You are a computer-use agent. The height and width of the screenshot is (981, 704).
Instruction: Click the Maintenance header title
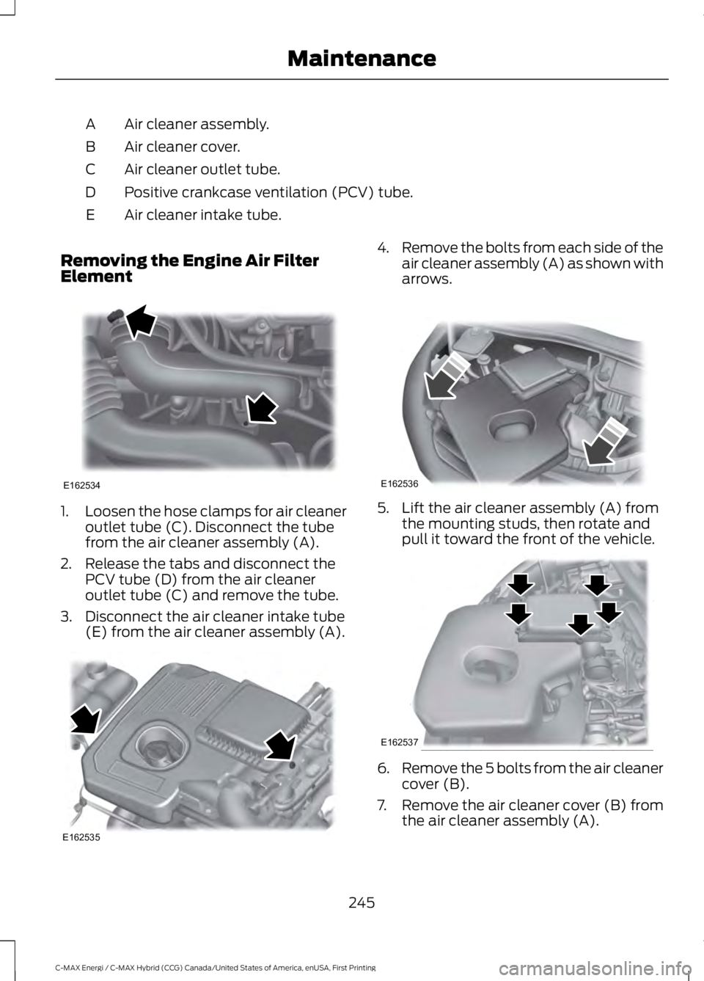tap(362, 58)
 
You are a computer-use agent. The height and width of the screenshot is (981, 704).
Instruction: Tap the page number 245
tap(362, 902)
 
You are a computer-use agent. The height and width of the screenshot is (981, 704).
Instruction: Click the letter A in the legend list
tap(89, 123)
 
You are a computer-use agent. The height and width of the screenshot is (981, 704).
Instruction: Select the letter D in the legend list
tap(89, 192)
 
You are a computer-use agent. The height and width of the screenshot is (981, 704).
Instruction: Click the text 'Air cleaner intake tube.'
tap(202, 215)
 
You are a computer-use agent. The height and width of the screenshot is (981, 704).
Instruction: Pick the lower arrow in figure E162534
tap(261, 408)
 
